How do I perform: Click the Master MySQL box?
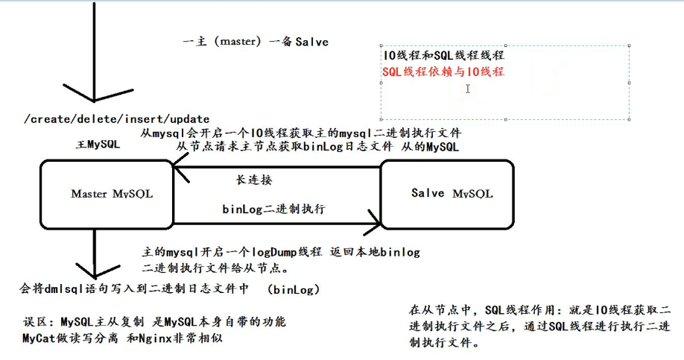[x=112, y=194]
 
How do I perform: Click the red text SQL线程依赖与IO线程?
[x=443, y=72]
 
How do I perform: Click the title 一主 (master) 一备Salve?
[x=256, y=42]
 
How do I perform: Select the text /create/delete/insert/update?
[x=117, y=119]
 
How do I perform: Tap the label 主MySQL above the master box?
[x=98, y=145]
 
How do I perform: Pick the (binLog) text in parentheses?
[x=294, y=288]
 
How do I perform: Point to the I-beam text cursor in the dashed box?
[x=468, y=89]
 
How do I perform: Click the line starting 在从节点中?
[x=541, y=309]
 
